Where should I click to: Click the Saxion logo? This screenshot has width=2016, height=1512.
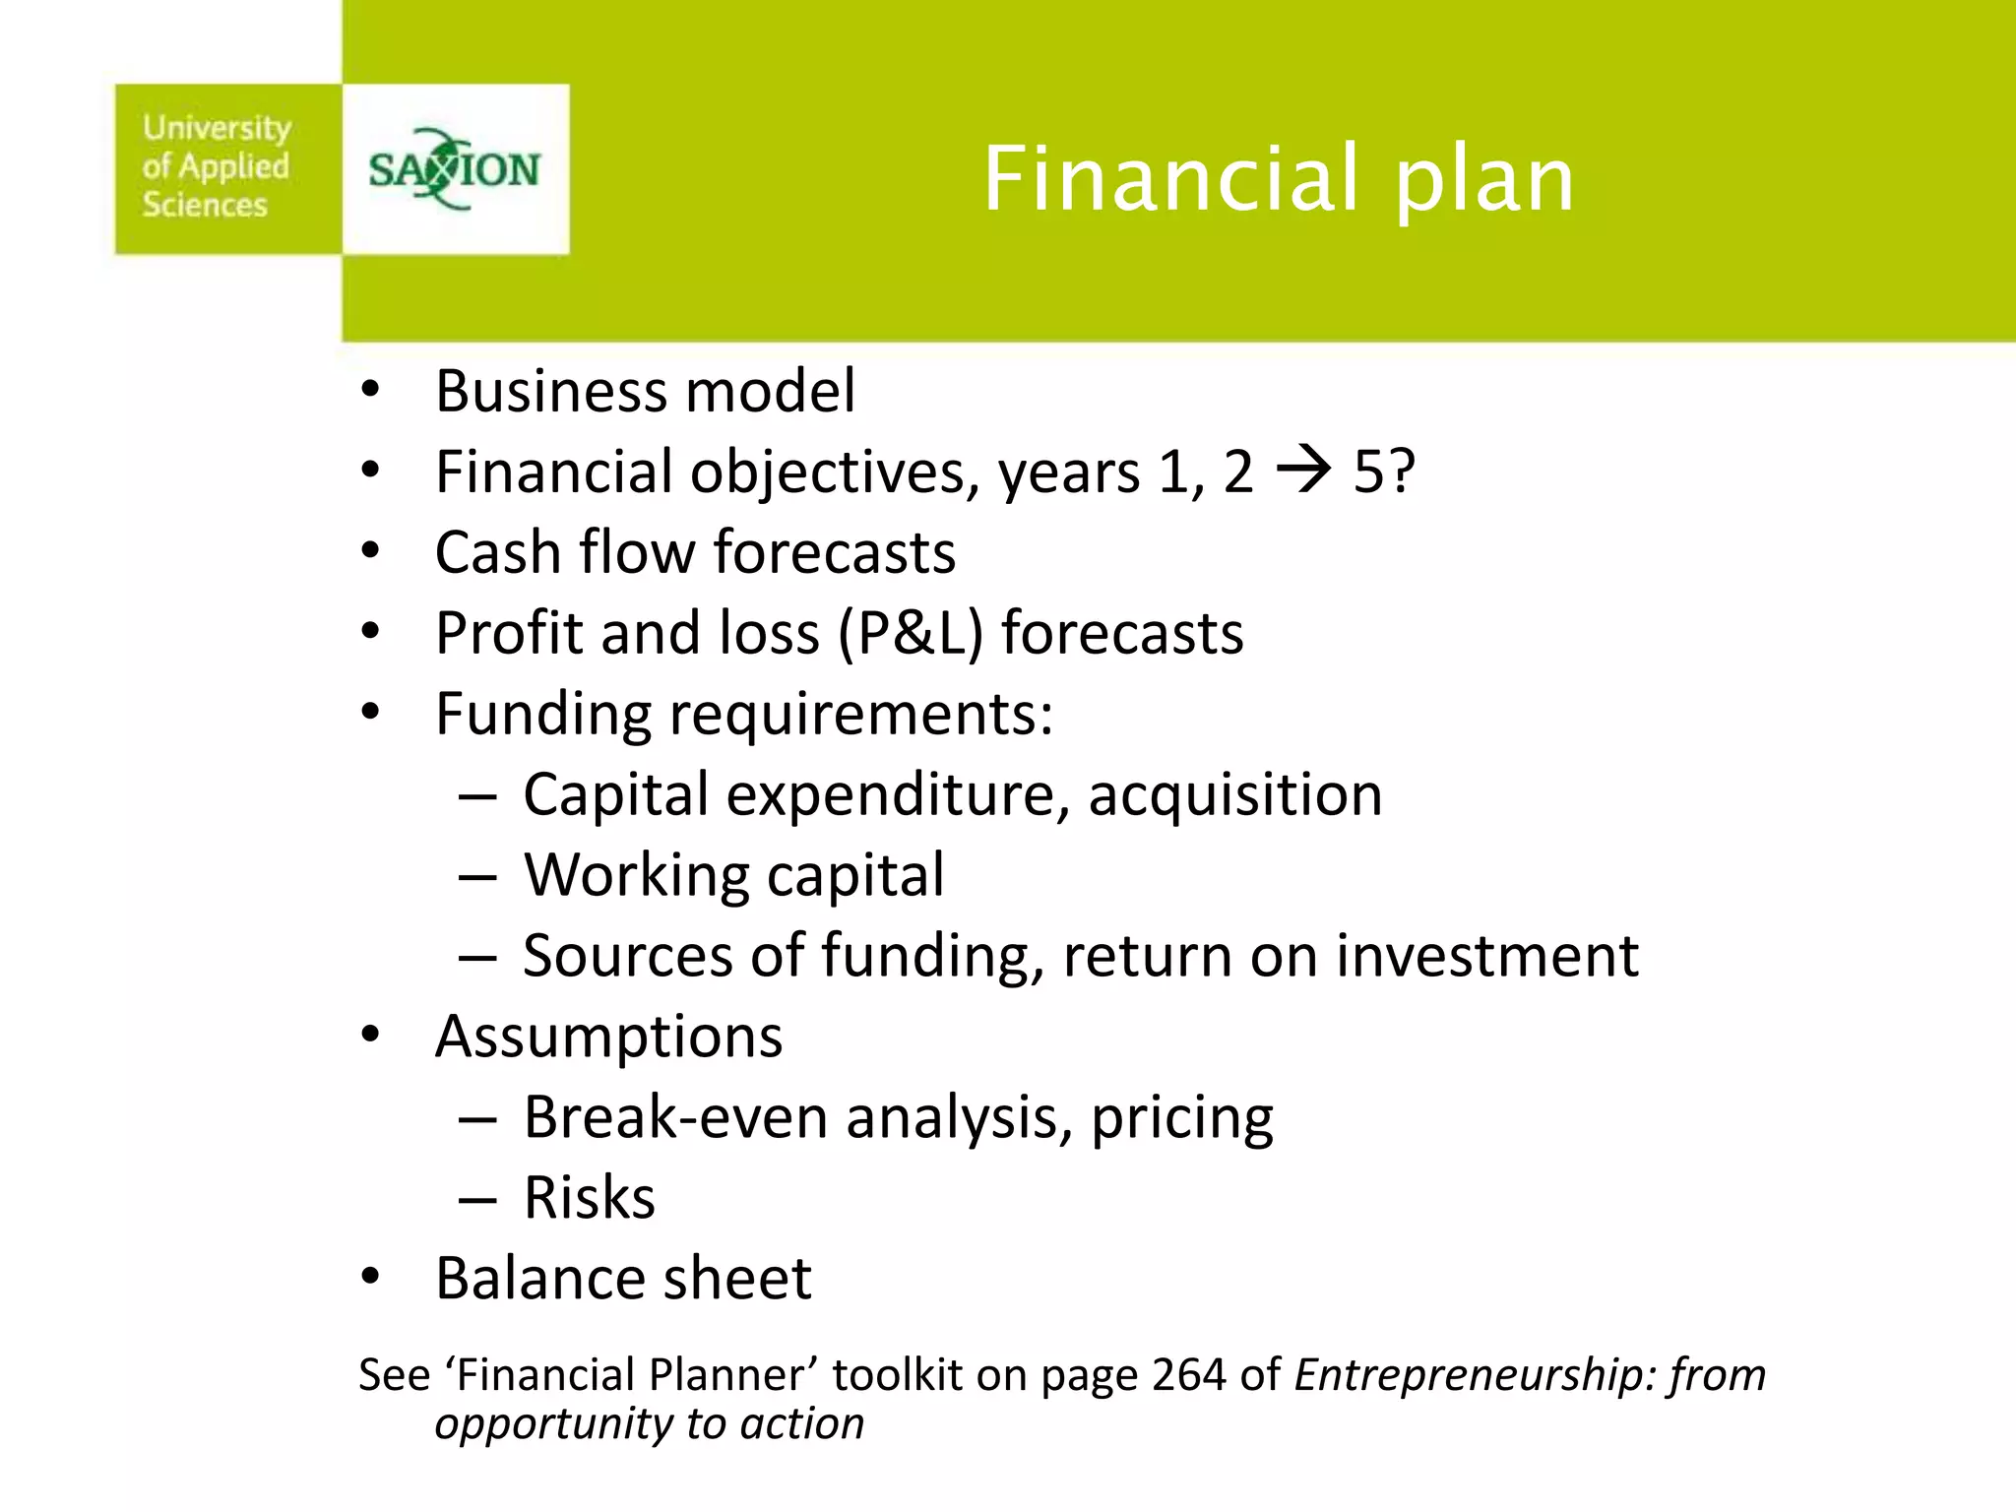pyautogui.click(x=455, y=169)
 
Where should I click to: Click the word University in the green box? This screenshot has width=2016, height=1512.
pyautogui.click(x=217, y=128)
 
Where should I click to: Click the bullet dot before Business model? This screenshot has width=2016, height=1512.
pyautogui.click(x=370, y=391)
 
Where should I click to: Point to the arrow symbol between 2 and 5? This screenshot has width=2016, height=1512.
pyautogui.click(x=1303, y=471)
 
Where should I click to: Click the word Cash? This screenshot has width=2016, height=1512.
pyautogui.click(x=498, y=552)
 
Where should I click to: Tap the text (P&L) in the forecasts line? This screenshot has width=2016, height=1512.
pyautogui.click(x=911, y=633)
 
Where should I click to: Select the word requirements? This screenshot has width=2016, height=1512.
pyautogui.click(x=861, y=715)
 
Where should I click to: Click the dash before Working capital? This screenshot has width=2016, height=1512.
pyautogui.click(x=477, y=876)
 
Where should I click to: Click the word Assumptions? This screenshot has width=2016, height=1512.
pyautogui.click(x=608, y=1038)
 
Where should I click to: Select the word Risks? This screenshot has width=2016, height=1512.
pyautogui.click(x=589, y=1198)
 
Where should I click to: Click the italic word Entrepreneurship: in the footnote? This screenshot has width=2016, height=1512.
pyautogui.click(x=1475, y=1375)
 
